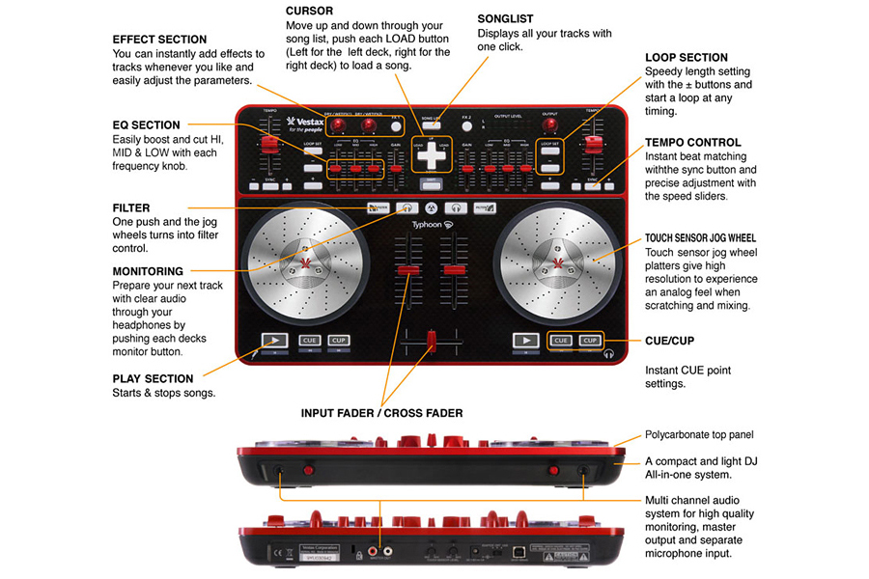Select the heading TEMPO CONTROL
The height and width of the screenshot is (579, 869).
693,142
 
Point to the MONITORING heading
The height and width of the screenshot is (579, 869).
148,271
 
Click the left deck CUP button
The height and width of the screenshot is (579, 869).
339,340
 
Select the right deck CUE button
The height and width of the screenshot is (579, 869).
560,340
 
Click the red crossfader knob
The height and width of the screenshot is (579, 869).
431,341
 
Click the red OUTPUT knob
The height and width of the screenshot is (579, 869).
550,125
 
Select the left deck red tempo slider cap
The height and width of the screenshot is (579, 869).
269,143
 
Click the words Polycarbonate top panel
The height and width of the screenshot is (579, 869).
699,435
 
